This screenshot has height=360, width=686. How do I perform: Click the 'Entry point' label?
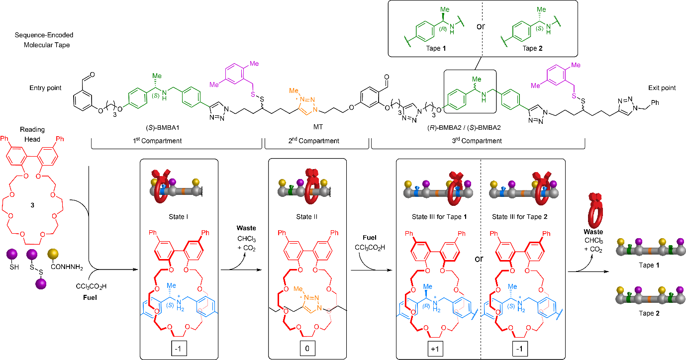click(x=45, y=88)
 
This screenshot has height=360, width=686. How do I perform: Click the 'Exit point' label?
click(x=662, y=88)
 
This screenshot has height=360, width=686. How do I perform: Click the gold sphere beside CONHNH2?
click(x=52, y=255)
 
